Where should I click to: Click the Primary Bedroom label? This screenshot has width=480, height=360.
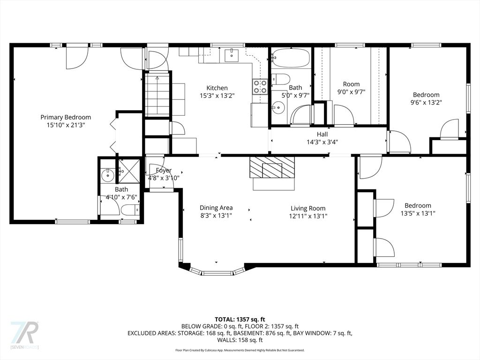point(66,117)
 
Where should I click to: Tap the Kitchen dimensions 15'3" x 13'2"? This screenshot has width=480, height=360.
point(217,96)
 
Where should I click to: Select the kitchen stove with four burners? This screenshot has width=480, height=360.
point(260,86)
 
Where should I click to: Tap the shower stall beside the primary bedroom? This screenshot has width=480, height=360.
point(129,171)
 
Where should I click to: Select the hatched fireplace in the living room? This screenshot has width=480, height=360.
point(272,167)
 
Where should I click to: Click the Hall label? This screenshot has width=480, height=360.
point(322,134)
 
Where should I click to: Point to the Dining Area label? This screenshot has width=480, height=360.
point(216,208)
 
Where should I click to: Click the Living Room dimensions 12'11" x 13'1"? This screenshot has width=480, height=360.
point(308,216)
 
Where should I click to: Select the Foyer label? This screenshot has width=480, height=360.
point(164,170)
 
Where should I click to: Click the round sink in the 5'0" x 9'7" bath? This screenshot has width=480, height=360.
point(278,107)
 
